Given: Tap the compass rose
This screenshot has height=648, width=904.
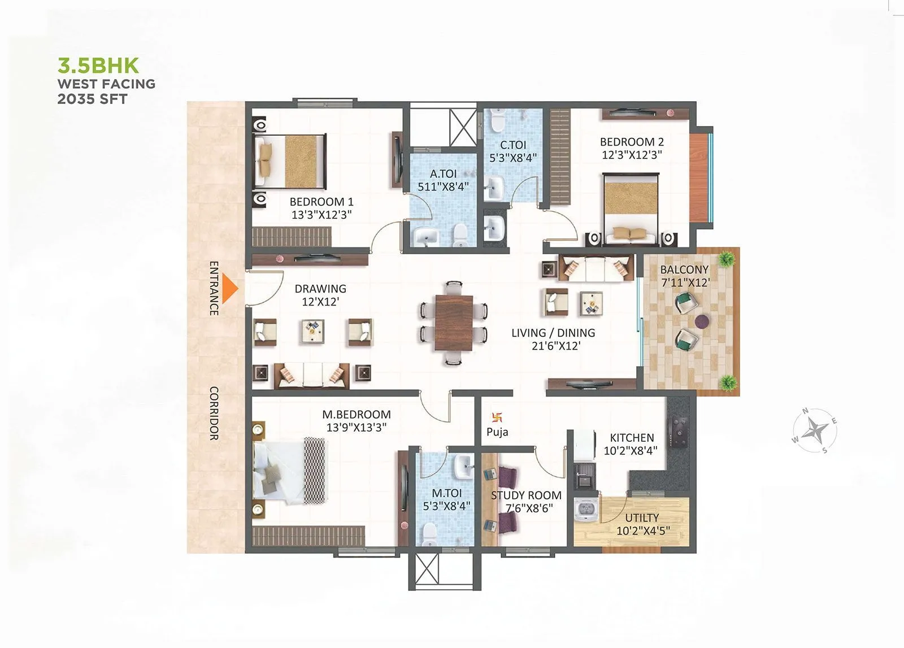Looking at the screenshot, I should coord(815,431).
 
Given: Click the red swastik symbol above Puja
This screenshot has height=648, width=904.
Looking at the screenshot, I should coord(497,418).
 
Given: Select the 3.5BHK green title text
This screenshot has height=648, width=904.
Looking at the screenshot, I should coord(98,66).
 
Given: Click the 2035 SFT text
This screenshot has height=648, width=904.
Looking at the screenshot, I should coord(92,99).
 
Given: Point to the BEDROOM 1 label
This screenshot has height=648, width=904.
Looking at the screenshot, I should coord(321,202).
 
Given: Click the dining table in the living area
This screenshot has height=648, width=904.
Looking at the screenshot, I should coord(454,323).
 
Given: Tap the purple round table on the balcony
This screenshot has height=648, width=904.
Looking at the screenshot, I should coord(702,322).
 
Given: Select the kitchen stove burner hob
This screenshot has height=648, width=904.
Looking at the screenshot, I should coord(677,432).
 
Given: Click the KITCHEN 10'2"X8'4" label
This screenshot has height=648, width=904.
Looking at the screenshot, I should coord(632,444).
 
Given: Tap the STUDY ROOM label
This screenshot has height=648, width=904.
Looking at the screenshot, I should coord(526,495).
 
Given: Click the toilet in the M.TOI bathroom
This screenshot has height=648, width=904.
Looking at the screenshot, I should coord(429,532).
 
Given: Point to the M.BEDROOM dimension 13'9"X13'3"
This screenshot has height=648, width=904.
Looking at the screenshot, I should coord(356,428).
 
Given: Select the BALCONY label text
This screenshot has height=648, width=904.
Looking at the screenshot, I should coord(684,270).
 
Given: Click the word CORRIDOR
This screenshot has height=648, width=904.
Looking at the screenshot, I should coord(214,413).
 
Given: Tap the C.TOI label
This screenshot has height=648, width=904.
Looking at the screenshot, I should coord(513,145).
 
